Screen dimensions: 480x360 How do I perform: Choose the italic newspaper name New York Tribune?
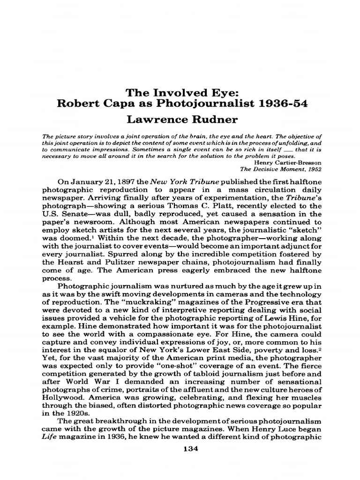[x=175, y=182]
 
